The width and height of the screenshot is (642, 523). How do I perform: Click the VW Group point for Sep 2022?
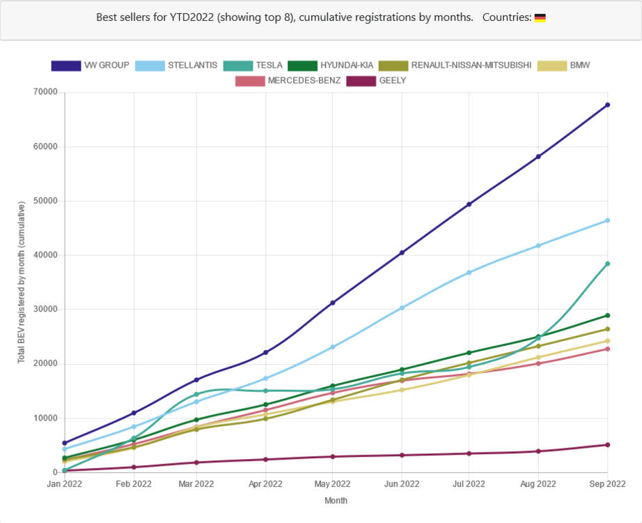click(607, 105)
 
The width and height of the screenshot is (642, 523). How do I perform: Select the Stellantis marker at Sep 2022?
click(607, 220)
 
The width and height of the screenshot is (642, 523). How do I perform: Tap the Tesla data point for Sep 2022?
click(607, 264)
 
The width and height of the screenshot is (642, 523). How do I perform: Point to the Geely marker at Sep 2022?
click(607, 445)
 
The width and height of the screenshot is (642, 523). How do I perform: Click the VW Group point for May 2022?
click(333, 303)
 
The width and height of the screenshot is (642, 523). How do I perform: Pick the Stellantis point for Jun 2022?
click(401, 308)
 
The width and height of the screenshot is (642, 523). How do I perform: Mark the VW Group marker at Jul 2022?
click(469, 204)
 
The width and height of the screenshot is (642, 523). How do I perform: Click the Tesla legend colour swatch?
click(237, 66)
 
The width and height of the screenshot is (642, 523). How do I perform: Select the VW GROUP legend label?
click(107, 66)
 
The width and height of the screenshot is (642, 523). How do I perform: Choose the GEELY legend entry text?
click(393, 81)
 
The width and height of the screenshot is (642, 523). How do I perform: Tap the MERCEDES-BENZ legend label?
click(304, 81)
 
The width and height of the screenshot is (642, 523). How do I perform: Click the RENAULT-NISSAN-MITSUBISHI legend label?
click(471, 66)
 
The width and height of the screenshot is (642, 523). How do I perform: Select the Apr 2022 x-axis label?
click(265, 483)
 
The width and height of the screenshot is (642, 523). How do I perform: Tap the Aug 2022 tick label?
click(538, 483)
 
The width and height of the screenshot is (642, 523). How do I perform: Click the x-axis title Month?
click(336, 501)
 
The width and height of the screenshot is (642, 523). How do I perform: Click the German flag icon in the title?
click(540, 17)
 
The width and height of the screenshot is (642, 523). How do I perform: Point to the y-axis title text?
click(22, 282)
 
